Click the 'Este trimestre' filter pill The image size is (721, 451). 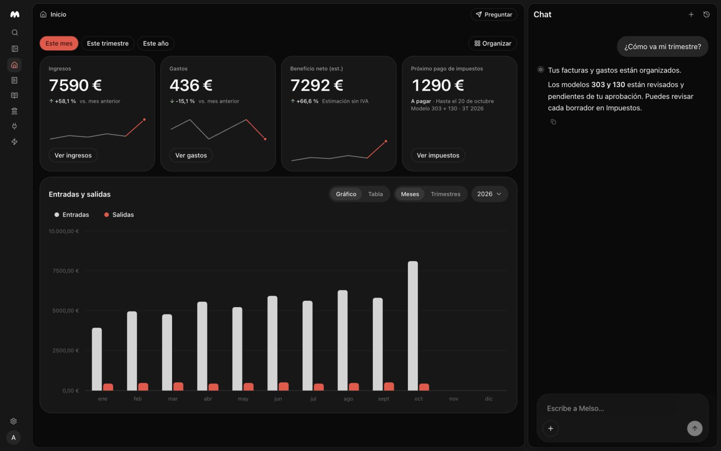click(108, 43)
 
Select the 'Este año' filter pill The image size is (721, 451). click(156, 43)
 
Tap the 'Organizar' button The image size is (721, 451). click(493, 43)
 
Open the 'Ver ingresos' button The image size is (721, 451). click(73, 155)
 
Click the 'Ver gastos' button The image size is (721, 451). click(191, 155)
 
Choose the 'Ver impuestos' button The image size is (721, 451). click(438, 155)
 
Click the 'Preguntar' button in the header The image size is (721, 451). click(494, 14)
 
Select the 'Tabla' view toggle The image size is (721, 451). click(375, 194)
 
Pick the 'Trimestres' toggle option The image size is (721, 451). click(446, 194)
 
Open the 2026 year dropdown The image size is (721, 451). click(489, 194)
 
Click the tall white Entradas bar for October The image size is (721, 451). click(413, 326)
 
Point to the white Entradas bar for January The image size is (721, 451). click(97, 359)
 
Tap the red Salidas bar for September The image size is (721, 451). click(389, 387)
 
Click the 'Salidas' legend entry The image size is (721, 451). click(119, 215)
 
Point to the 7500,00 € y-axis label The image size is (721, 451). click(66, 271)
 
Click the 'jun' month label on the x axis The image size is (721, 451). click(278, 399)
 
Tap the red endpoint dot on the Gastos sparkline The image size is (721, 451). click(265, 139)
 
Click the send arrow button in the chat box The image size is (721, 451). click(694, 428)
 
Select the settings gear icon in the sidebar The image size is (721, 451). click(14, 421)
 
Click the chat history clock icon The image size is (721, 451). click(707, 14)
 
